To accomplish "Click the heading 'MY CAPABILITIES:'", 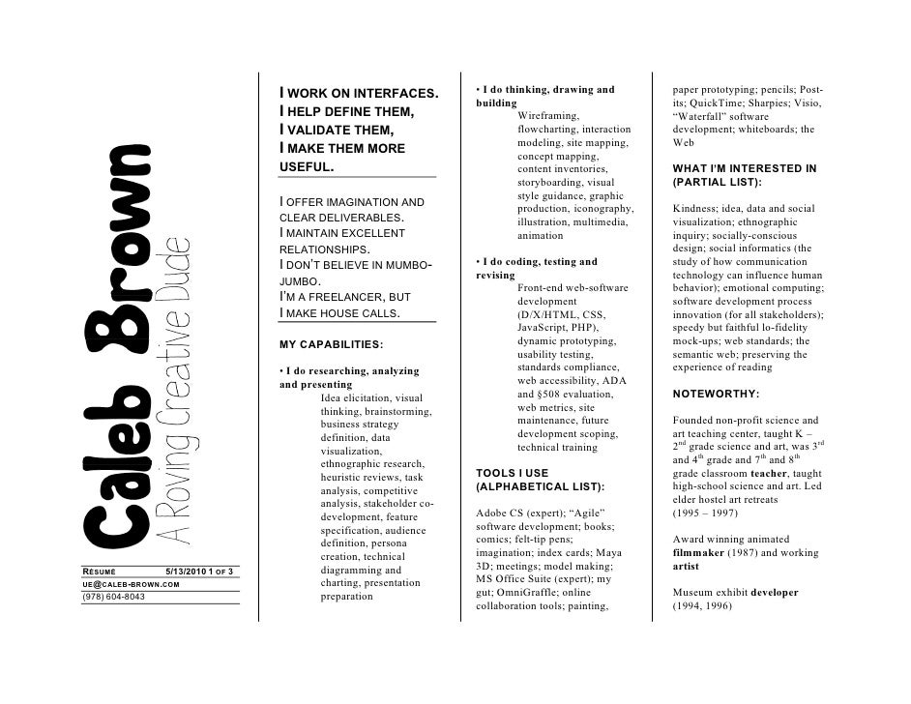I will pos(331,344).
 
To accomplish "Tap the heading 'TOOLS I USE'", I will pos(513,473).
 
